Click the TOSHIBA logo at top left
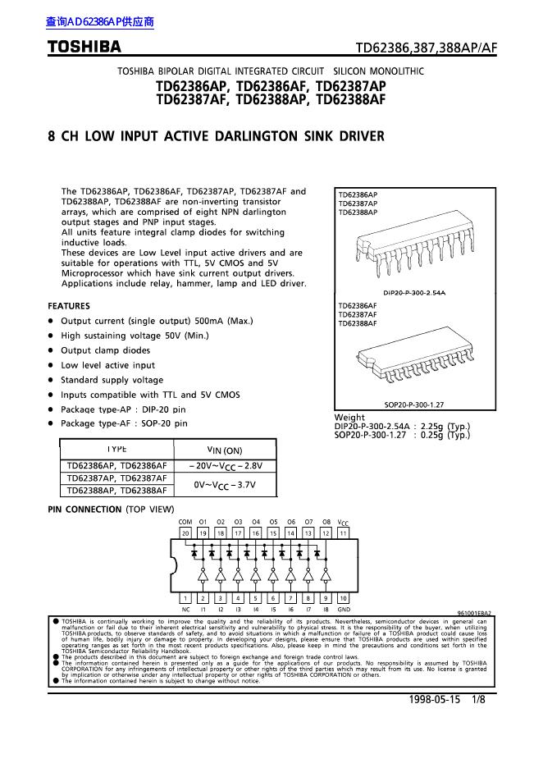click(84, 47)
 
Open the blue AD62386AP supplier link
click(100, 23)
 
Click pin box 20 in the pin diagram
click(185, 533)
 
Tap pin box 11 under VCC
click(343, 533)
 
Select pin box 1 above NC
click(185, 598)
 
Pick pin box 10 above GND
click(343, 598)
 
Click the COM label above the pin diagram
click(185, 522)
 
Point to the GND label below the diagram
click(343, 610)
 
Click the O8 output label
click(326, 522)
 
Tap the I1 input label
click(203, 610)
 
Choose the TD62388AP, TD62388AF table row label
click(116, 490)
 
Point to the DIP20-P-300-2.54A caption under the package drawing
click(414, 293)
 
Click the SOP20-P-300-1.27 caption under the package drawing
click(414, 405)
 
